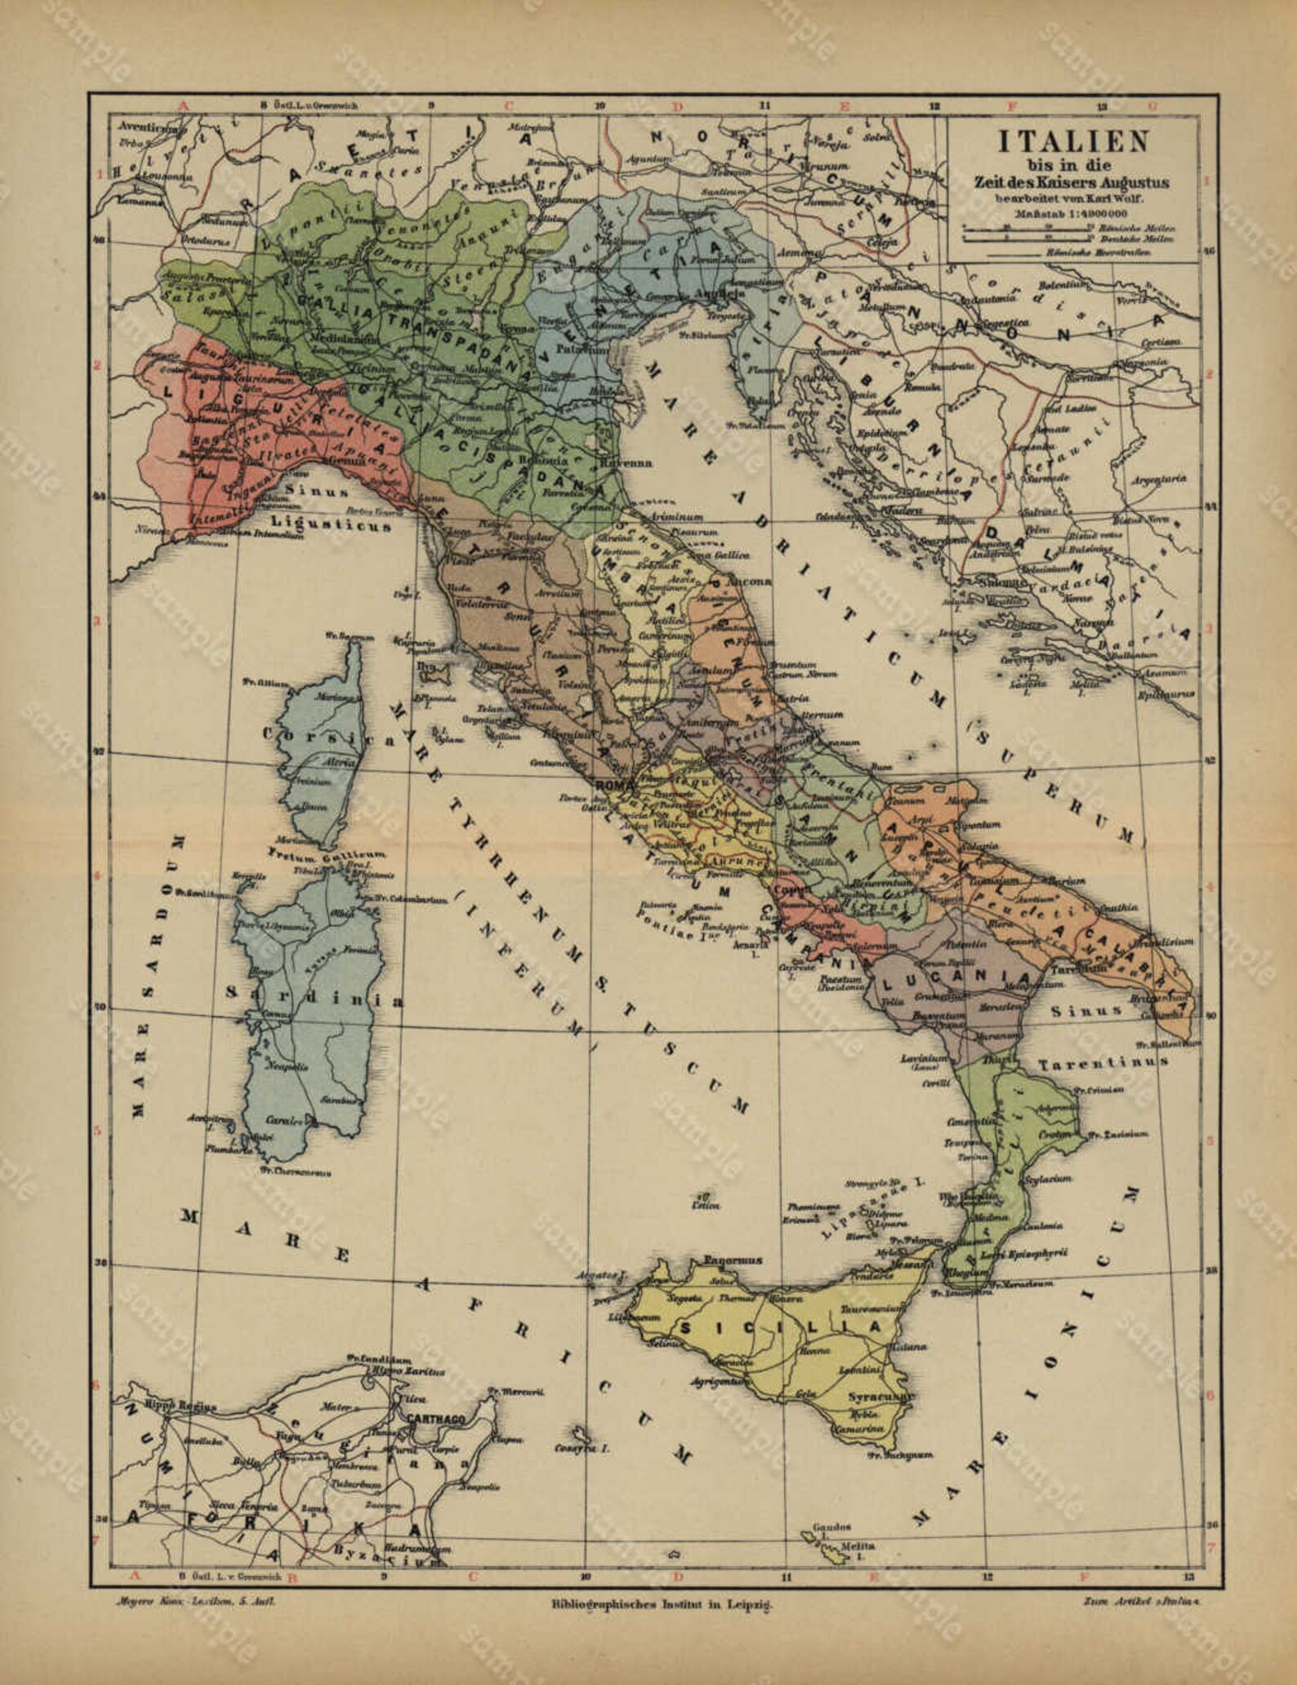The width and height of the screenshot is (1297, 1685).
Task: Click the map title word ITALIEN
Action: click(1073, 142)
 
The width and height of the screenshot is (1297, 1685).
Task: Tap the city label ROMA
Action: click(615, 785)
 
